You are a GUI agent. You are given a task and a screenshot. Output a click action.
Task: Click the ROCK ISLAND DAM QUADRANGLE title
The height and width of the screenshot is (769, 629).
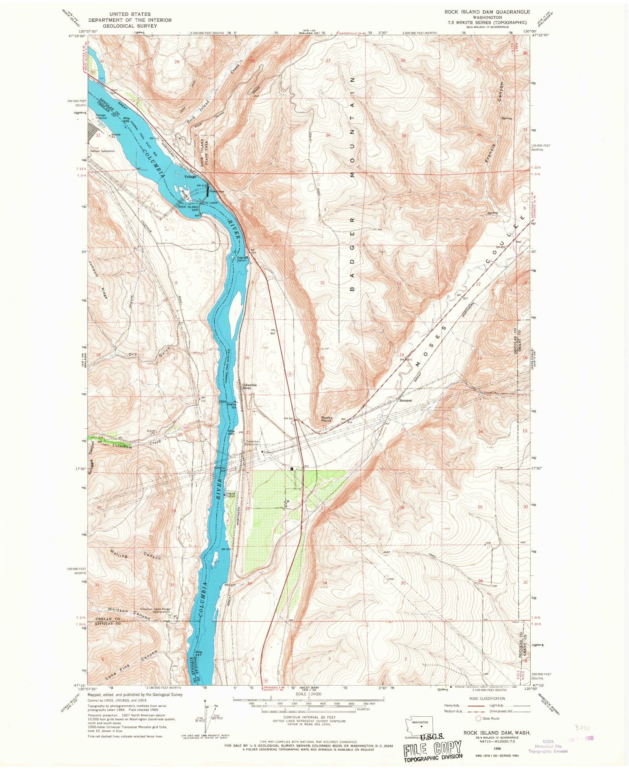487,12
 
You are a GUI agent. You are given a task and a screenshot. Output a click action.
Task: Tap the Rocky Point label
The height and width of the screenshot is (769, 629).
327,419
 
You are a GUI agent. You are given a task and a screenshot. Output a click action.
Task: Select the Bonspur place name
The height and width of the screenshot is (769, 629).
405,401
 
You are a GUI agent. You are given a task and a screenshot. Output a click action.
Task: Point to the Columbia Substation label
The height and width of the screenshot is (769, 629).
252,443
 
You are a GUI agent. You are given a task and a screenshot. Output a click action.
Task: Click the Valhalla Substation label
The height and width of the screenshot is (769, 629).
103,151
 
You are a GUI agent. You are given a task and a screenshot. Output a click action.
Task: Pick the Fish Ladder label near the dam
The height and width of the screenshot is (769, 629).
210,203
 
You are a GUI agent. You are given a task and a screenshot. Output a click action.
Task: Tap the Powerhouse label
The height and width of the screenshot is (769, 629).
217,191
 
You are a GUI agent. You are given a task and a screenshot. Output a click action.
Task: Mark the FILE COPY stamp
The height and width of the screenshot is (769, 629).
433,749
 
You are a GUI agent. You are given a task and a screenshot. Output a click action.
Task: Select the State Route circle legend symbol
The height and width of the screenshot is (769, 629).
478,718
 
